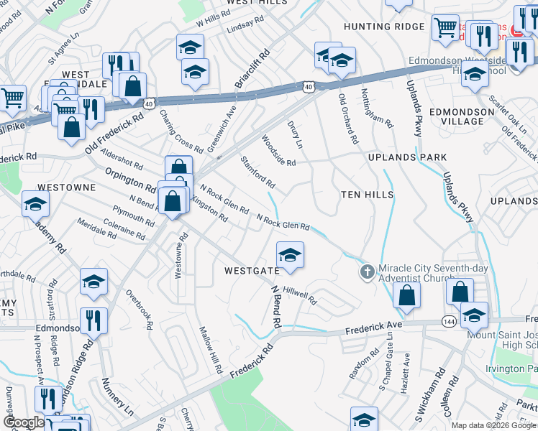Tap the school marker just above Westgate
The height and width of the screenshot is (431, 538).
click(x=290, y=255)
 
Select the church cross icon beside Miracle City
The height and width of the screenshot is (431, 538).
click(x=368, y=272)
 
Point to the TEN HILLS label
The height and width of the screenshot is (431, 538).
click(x=367, y=195)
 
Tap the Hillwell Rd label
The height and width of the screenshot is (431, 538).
click(x=300, y=296)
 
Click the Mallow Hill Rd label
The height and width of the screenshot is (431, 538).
click(x=211, y=350)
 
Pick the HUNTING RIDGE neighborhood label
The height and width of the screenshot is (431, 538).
click(x=384, y=27)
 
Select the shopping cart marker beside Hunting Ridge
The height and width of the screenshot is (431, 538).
click(x=445, y=27)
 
